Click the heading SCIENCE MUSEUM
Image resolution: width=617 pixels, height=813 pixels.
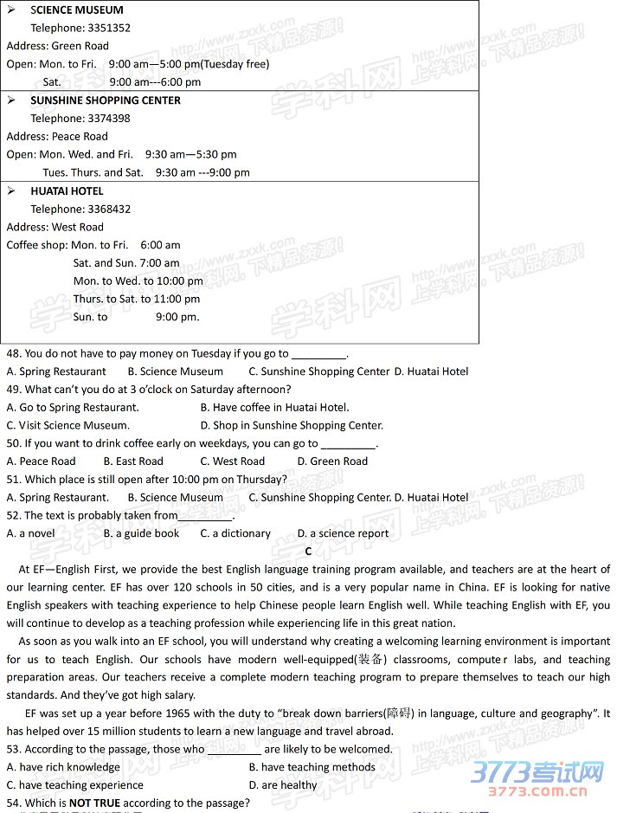coord(77,10)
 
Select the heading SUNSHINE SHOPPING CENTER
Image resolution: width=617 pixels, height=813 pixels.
coord(106,100)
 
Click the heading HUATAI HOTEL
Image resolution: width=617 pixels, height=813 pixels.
coord(67,191)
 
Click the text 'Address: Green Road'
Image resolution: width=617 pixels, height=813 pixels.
coord(58,46)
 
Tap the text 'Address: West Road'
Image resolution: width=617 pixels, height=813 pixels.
coord(55,228)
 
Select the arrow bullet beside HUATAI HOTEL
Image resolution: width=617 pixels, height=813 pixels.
coord(11,190)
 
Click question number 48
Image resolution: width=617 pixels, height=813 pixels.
coord(14,354)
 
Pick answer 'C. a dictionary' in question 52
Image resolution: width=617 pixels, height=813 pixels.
coord(235,534)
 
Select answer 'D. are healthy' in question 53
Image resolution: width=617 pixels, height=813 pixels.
coord(283,785)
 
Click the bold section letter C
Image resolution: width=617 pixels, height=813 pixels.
coord(308,552)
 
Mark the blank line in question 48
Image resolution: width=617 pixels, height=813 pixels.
coord(318,354)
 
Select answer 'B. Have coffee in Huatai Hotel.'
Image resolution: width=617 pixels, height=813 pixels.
coord(274,408)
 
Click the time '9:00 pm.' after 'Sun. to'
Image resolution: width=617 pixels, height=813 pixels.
coord(177,317)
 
